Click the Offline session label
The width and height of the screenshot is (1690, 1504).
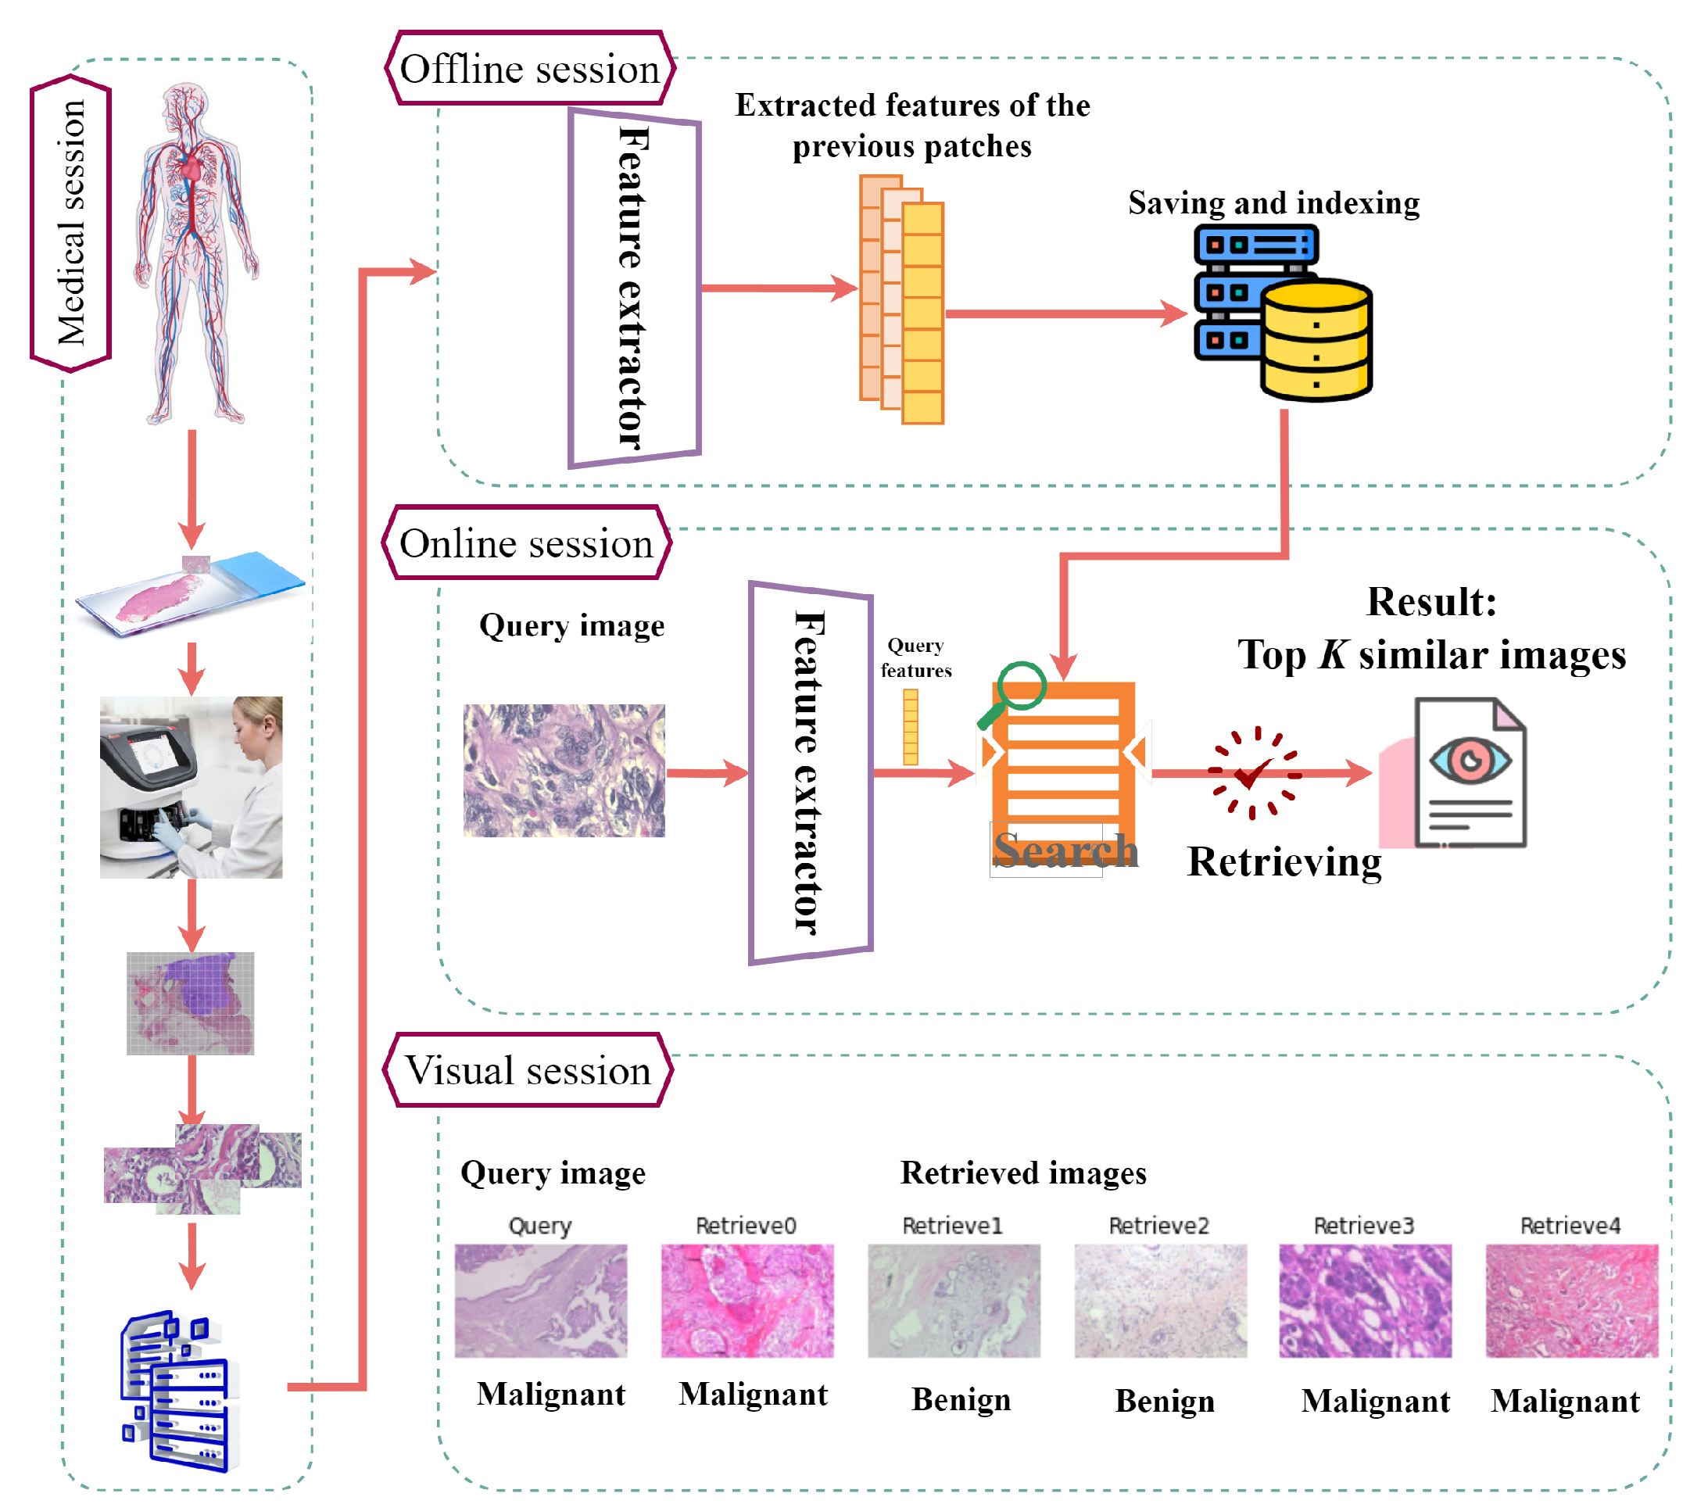529,70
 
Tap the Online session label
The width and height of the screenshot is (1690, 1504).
527,544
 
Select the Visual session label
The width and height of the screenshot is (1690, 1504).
528,1072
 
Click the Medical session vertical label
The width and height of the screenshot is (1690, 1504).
71,224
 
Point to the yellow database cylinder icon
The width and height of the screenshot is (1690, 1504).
1316,342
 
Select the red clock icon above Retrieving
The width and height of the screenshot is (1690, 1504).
1255,774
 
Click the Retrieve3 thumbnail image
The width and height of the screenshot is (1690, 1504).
1366,1302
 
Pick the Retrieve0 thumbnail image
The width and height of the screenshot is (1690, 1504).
747,1302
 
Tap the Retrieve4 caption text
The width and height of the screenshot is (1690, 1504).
1570,1226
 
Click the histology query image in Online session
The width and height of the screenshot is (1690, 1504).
564,771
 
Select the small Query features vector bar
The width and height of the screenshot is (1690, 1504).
911,728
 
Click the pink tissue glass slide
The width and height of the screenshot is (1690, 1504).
186,593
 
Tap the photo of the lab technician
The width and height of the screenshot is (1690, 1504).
191,787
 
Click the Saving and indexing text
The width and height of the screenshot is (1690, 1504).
1274,203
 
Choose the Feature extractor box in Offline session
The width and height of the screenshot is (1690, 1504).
634,288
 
